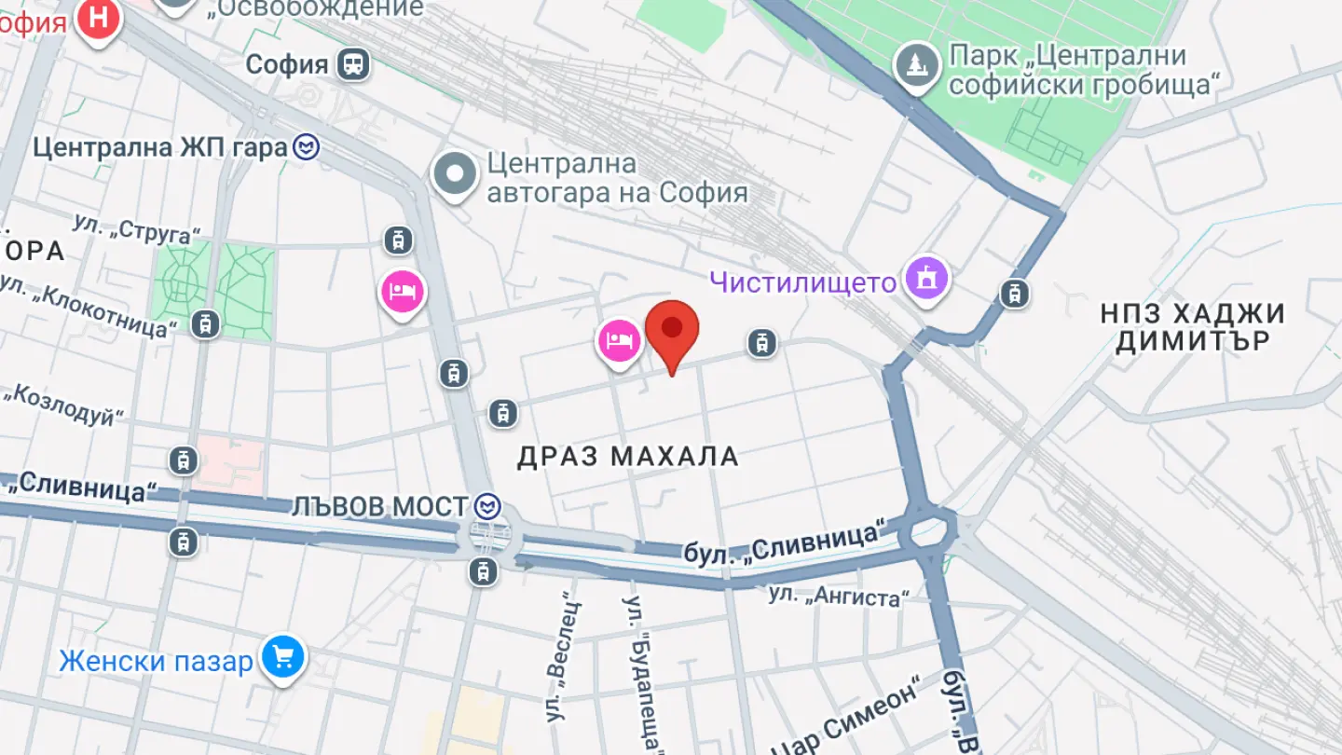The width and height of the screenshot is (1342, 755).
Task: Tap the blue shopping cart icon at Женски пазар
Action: [x=282, y=658]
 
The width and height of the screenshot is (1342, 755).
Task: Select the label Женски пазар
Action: [x=156, y=662]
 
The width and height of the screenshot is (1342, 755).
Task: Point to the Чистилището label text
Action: [x=802, y=281]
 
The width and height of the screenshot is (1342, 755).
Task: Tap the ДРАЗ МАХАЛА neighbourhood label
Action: [x=628, y=457]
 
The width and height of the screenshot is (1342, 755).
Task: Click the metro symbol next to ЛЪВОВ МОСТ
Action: [x=487, y=507]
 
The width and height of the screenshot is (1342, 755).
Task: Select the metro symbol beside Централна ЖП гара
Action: [x=306, y=147]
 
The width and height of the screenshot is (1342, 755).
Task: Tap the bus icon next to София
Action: [x=353, y=64]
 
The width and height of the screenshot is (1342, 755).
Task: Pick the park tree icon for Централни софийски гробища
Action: [x=916, y=65]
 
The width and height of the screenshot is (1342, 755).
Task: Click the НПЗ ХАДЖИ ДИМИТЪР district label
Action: [x=1193, y=327]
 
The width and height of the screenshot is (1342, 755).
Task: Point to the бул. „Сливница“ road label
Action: [x=784, y=542]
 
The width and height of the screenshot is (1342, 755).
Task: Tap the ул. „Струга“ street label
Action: [x=138, y=228]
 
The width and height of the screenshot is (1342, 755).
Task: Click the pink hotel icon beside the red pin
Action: [x=619, y=341]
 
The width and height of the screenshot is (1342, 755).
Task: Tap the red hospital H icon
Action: [x=99, y=17]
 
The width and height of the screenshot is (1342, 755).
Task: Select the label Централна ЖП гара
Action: [x=159, y=147]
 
